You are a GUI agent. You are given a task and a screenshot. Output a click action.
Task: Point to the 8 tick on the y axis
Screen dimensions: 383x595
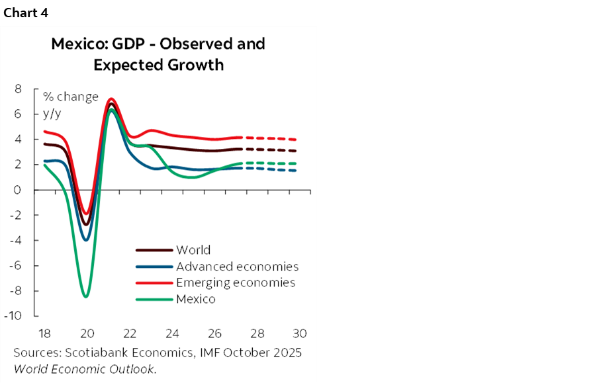[18, 89]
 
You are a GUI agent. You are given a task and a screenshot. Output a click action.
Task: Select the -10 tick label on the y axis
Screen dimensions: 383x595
[14, 316]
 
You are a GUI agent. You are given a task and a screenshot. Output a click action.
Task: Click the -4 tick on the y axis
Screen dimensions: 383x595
[16, 240]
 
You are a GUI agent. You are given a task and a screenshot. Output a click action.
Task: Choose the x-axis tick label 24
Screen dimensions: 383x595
[173, 332]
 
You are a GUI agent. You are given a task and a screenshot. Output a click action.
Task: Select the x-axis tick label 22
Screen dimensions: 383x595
[130, 332]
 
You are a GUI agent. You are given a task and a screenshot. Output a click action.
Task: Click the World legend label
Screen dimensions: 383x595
[193, 250]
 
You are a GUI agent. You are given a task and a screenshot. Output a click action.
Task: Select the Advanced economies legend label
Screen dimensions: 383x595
[237, 267]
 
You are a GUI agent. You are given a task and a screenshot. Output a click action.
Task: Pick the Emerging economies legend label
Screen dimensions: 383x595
[236, 282]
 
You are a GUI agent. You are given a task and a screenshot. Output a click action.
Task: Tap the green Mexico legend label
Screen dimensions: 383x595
[195, 299]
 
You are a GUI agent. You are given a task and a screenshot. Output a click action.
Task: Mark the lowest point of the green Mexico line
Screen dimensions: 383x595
[86, 296]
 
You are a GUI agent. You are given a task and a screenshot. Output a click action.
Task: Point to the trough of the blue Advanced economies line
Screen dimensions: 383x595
[86, 239]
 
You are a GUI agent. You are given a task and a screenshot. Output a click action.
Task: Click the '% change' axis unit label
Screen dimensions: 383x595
[71, 97]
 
